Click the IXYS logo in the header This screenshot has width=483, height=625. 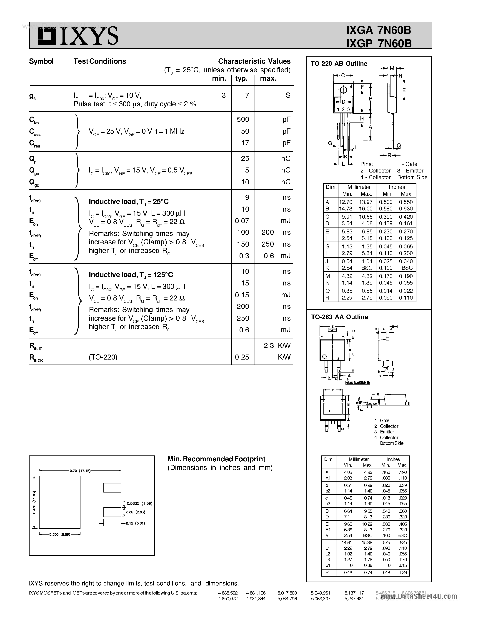(78, 36)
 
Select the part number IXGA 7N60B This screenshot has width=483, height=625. (379, 30)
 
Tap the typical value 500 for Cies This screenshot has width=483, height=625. (243, 120)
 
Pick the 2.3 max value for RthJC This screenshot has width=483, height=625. (269, 346)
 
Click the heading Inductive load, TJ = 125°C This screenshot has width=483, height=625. (131, 275)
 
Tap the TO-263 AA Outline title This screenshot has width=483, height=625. (339, 317)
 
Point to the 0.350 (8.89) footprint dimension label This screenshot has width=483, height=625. (60, 534)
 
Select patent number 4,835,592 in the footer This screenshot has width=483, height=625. (228, 593)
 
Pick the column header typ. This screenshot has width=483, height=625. (241, 79)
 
